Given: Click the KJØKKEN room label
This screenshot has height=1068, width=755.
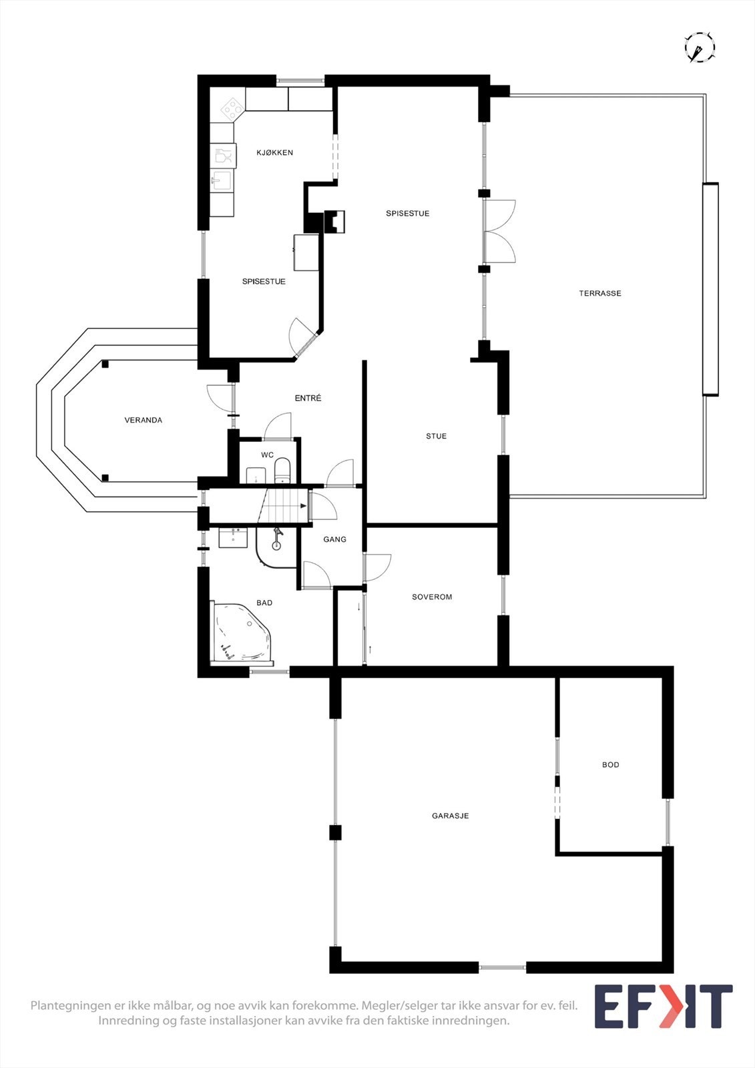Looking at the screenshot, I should (x=274, y=153).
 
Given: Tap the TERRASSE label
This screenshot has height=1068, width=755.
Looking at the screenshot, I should (x=599, y=293).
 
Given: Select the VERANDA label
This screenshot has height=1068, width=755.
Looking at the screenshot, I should (x=143, y=421).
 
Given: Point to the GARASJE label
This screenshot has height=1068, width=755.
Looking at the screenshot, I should (x=450, y=816).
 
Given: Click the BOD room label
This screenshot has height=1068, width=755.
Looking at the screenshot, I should (x=610, y=765).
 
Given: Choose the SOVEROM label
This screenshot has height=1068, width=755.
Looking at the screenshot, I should (x=432, y=597).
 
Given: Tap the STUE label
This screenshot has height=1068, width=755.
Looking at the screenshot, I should (x=436, y=437).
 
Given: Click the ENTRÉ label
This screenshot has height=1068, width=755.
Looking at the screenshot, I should (x=308, y=398).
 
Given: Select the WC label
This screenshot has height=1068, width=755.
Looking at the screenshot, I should (x=267, y=455).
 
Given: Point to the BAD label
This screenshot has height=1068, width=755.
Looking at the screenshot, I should (x=264, y=603).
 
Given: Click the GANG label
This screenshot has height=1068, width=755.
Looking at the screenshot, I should (x=334, y=539).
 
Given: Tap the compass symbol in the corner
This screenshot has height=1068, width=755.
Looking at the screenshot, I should (x=699, y=48).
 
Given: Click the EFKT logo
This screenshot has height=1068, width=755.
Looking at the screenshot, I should (x=663, y=1007).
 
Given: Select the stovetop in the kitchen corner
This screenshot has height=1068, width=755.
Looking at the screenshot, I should (x=231, y=107).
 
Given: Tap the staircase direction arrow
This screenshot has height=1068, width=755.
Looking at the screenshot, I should (x=304, y=506).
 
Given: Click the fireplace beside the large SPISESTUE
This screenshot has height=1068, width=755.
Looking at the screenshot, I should (x=335, y=221).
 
